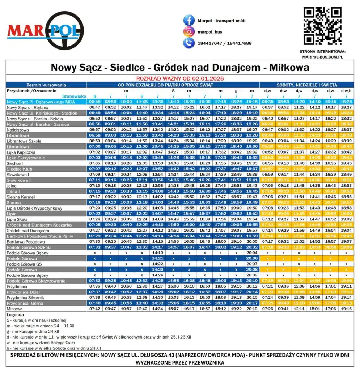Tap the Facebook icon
tap(189, 21)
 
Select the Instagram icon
tap(189, 32)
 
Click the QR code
tap(322, 26)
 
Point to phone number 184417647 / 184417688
tap(225, 43)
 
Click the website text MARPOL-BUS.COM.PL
tap(322, 57)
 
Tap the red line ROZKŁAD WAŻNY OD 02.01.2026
tap(180, 78)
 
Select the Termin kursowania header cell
tap(46, 85)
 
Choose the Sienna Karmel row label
tap(21, 197)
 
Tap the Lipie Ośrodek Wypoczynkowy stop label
tap(34, 208)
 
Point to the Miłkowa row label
tap(14, 309)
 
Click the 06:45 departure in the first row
tap(95, 102)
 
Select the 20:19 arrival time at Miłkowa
tap(251, 309)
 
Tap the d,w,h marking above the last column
tap(346, 91)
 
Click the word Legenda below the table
tap(15, 315)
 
